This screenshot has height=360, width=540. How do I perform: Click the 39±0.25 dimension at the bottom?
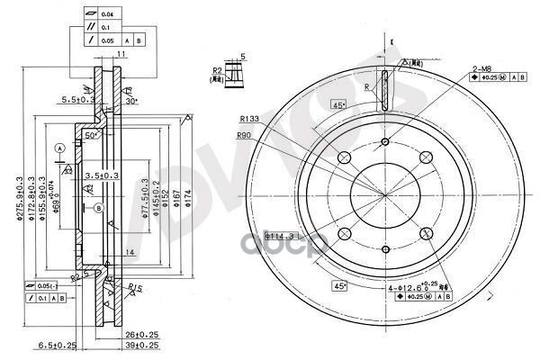pos(140,346)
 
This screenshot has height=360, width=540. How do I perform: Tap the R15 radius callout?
pos(135,288)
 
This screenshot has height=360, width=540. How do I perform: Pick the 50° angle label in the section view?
pos(91,135)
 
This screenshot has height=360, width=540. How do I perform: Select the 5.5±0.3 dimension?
pos(73,100)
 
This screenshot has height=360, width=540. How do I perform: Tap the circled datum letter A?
pos(59,147)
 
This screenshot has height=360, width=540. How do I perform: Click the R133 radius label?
pos(250,118)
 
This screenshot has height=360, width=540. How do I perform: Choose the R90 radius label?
pos(244,135)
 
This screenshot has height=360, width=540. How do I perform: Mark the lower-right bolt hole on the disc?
pos(426,235)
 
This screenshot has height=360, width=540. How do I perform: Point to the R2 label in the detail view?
pos(218,69)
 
